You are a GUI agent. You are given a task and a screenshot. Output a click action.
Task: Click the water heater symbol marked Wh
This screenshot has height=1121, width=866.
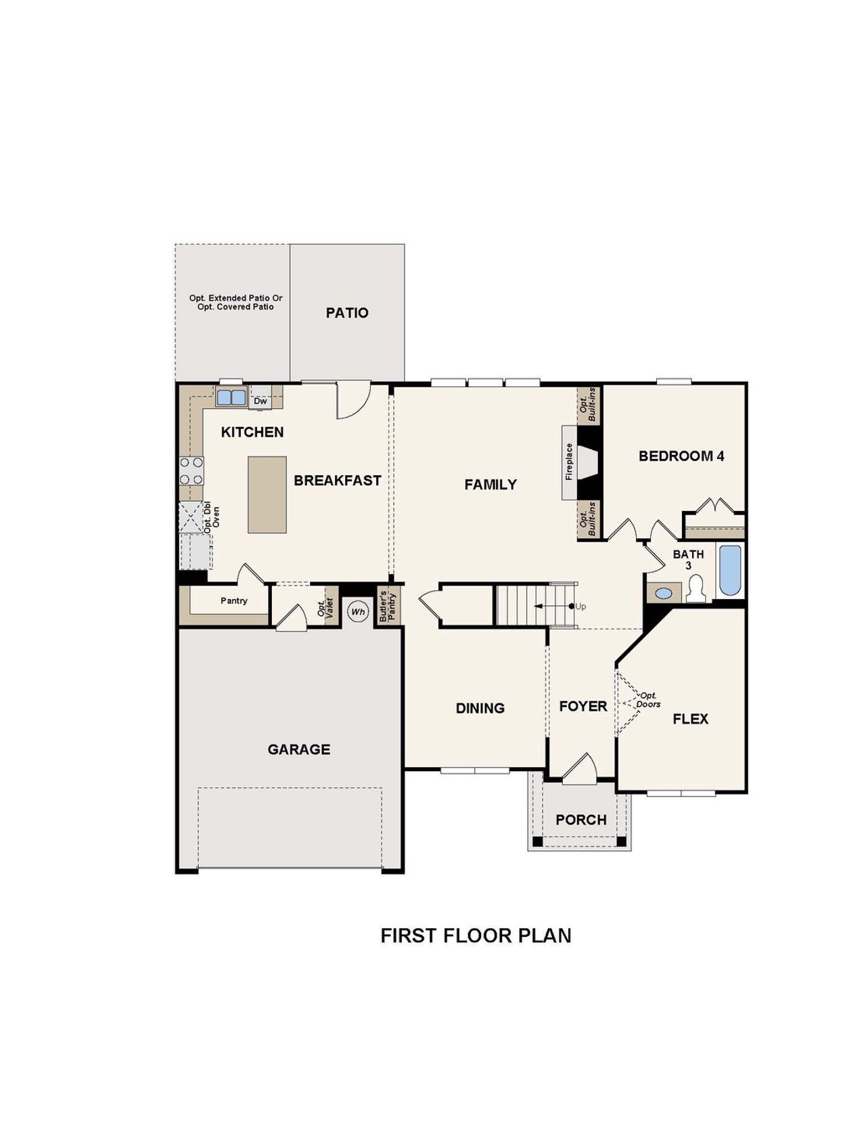coord(358,612)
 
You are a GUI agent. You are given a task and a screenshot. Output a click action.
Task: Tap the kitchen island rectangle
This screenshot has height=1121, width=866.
coord(267,494)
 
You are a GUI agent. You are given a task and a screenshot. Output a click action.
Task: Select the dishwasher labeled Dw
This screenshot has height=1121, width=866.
coord(260,401)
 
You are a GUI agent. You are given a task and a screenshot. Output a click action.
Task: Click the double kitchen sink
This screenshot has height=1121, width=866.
coord(231,397)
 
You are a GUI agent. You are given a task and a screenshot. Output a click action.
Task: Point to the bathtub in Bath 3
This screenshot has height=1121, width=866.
coord(730,570)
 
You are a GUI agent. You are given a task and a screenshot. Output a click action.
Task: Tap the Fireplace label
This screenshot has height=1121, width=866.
coord(569,462)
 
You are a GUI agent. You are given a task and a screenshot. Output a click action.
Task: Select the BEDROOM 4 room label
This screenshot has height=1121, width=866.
coord(681,456)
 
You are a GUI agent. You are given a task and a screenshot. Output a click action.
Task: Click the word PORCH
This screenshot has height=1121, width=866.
coord(580,820)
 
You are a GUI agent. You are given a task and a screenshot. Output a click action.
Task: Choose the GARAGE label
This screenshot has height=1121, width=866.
coord(298,749)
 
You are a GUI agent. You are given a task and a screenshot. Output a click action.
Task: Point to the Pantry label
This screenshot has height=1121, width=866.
coord(234,600)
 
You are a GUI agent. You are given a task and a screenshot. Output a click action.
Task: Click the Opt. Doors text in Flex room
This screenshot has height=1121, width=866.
coord(648,700)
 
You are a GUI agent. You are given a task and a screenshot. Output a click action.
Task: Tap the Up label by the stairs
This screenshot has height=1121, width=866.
coord(580,607)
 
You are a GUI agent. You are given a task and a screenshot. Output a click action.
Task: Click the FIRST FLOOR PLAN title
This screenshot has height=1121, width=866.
coord(476,936)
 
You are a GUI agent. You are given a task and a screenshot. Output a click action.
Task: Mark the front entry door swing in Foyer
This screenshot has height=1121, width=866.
coord(580,770)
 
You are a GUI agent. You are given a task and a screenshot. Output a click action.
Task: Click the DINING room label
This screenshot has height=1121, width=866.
coord(480,708)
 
